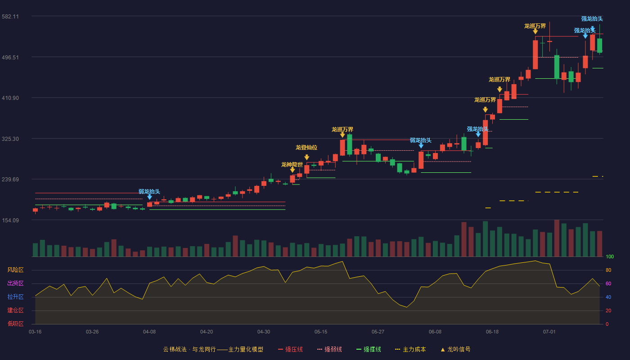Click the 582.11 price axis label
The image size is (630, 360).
click(10, 17)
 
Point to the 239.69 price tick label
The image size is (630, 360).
click(10, 180)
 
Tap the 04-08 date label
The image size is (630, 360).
click(149, 332)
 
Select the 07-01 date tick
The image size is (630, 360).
click(549, 332)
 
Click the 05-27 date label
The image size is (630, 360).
click(378, 332)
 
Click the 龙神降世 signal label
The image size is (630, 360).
click(292, 165)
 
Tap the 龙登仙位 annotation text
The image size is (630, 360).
click(306, 148)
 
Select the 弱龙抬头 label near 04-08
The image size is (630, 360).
click(149, 192)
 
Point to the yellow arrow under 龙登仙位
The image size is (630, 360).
click(307, 157)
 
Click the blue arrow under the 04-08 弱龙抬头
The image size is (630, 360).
click(149, 197)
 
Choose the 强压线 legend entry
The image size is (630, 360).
click(290, 349)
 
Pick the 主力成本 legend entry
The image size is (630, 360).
click(410, 349)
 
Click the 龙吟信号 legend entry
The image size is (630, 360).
click(455, 349)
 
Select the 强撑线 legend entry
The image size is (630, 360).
click(369, 349)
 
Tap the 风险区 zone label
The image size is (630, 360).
click(15, 270)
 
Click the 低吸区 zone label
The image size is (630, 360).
click(15, 324)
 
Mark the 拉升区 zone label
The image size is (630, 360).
click(15, 297)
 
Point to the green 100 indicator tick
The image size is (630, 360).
click(610, 256)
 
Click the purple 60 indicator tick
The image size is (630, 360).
click(608, 283)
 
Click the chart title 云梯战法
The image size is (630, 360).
click(175, 349)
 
